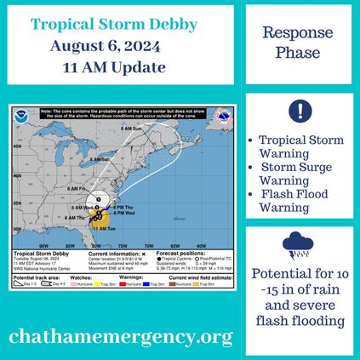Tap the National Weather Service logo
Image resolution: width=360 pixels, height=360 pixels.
point(223,121)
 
